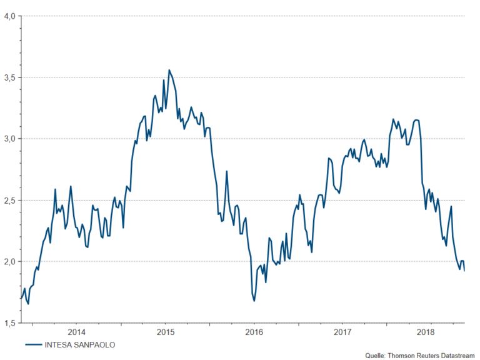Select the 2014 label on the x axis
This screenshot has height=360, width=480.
[77, 332]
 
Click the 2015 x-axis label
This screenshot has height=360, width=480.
[165, 332]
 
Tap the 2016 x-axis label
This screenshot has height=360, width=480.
[253, 332]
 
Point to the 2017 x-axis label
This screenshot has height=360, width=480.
[341, 332]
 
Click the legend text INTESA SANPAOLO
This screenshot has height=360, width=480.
[79, 344]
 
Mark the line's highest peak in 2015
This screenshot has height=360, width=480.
[169, 70]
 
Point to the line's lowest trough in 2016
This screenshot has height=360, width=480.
[254, 301]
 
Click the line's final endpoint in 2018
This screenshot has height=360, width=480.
[464, 271]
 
